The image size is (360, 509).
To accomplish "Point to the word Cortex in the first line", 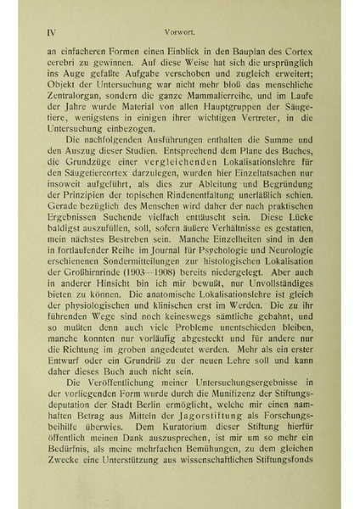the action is tap(295, 52).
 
